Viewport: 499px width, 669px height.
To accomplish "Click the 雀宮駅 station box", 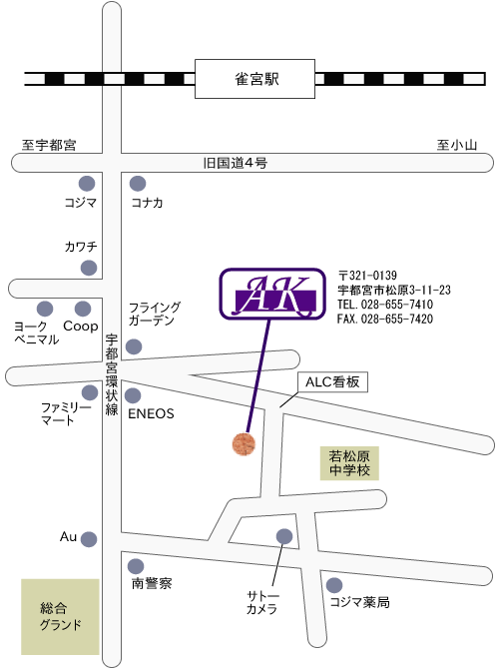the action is coord(254,79).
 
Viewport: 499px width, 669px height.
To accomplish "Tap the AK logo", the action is coord(272,294).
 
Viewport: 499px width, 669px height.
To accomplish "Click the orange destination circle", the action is coord(244,443).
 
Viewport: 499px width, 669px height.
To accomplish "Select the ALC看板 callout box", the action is coord(332,381).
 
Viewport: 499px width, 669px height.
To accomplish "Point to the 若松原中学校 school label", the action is coord(349,463).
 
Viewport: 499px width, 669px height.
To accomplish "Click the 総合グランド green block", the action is coord(60,616).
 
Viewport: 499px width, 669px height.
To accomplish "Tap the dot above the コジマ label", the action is coord(87,184).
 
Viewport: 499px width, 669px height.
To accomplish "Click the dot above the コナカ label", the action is coord(138,184).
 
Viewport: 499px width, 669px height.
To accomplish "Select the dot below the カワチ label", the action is coord(89,268).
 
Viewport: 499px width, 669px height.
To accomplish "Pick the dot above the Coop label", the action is coord(83,309).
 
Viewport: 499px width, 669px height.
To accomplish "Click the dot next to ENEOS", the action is coord(133,395).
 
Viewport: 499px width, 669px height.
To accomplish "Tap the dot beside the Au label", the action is coord(89,539).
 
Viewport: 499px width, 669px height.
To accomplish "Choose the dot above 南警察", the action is coord(136,566).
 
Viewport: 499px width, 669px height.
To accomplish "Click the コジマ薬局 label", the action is coord(359,602).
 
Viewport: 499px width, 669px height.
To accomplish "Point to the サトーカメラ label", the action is coord(262,602).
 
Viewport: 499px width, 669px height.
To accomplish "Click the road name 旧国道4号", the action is coord(235,163).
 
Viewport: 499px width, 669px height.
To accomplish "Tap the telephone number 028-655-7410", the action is coord(396,305).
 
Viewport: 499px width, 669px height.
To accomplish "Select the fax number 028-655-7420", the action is coord(396,319).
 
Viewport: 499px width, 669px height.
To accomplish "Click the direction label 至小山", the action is coord(456,145).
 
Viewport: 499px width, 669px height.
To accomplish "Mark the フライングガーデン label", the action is coord(155,314).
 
